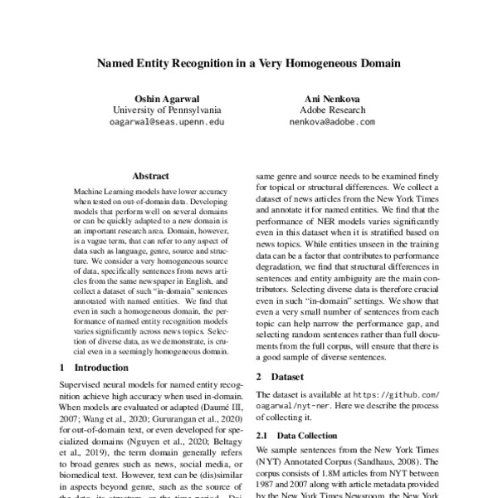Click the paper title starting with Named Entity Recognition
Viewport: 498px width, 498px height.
coord(249,62)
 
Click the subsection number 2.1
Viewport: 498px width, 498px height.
coord(261,435)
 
